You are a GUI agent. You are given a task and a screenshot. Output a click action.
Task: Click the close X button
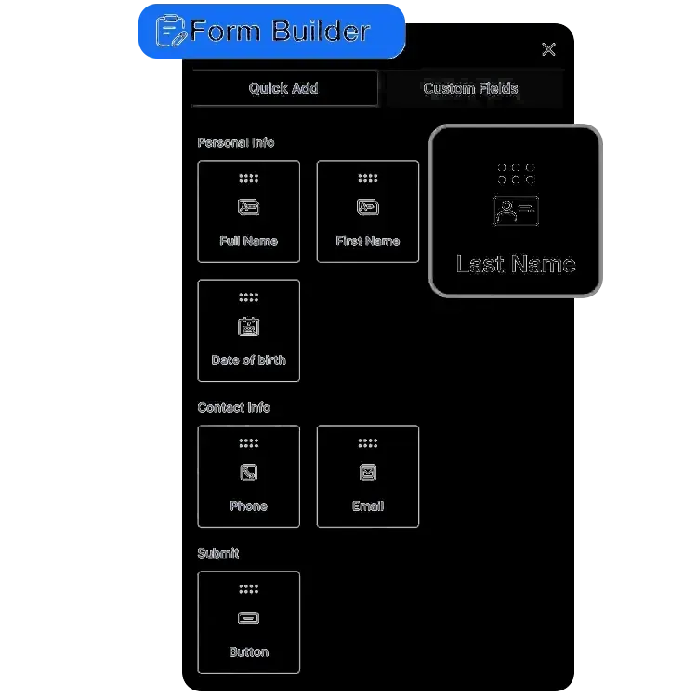[x=548, y=49]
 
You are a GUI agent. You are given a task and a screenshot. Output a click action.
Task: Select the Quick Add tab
[x=283, y=88]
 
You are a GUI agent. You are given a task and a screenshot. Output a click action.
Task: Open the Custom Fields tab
[x=470, y=88]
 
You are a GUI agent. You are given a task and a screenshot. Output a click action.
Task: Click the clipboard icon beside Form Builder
[x=170, y=31]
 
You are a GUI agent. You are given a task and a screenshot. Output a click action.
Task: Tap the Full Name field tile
[x=248, y=211]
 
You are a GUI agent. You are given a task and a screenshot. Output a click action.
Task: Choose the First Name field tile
[x=367, y=211]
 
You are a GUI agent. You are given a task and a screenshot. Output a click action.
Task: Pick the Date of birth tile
[x=248, y=330]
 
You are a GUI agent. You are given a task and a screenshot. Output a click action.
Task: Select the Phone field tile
[x=248, y=476]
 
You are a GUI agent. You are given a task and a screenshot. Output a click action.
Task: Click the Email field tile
[x=367, y=476]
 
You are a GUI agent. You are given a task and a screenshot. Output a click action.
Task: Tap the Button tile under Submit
[x=248, y=622]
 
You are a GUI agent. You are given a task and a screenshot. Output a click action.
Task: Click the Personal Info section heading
[x=236, y=142]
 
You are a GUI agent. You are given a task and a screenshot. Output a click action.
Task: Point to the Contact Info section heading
[x=234, y=407]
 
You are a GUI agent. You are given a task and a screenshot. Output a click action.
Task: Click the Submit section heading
[x=218, y=553]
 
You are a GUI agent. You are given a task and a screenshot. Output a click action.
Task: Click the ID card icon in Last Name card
[x=516, y=210]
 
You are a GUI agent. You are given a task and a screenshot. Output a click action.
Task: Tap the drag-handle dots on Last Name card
[x=516, y=173]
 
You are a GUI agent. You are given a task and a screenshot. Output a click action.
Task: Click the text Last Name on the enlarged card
[x=516, y=265]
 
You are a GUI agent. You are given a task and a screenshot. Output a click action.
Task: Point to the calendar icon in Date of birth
[x=248, y=326]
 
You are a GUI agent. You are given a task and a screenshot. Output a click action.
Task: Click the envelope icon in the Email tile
[x=367, y=472]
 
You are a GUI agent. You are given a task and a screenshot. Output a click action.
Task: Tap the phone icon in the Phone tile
[x=248, y=472]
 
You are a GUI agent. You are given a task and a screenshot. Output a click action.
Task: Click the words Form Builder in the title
[x=280, y=32]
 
